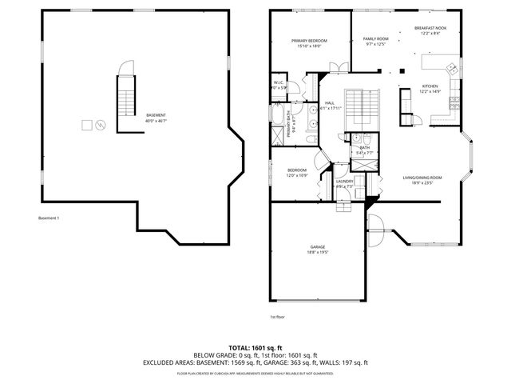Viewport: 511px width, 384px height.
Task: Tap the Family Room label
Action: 375,41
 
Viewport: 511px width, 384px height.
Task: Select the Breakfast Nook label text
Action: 430,30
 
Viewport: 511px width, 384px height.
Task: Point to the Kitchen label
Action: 430,88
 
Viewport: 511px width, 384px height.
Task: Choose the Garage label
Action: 318,249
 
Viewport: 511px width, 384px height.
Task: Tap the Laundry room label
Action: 345,183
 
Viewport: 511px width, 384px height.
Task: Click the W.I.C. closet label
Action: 279,84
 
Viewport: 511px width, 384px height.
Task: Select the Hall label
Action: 330,105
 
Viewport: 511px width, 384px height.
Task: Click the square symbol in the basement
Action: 87,125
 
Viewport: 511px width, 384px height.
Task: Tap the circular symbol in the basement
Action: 100,125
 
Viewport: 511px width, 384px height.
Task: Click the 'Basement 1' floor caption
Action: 50,218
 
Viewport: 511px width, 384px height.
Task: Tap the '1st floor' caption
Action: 277,317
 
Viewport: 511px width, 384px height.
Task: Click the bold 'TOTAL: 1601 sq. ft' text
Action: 255,348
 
